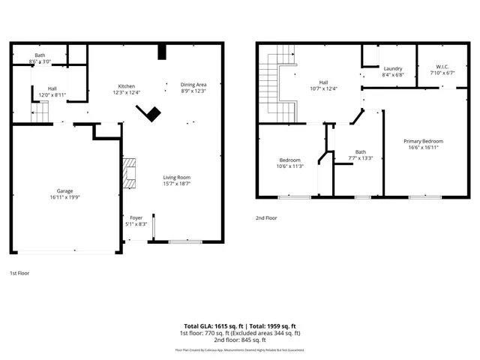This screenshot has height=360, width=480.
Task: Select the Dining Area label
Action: [193, 84]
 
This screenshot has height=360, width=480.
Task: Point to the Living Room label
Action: [178, 178]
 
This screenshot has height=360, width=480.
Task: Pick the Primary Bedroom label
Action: [423, 141]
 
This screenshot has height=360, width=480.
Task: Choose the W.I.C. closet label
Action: [442, 68]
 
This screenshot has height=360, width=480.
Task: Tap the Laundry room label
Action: [393, 68]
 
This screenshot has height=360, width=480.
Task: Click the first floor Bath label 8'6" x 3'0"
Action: [40, 55]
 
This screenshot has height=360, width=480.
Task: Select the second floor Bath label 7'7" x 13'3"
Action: [361, 151]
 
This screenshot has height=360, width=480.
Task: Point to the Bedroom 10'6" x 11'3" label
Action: [290, 160]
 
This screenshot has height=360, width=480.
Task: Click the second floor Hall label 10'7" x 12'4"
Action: [323, 82]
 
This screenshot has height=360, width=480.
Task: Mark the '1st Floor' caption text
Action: [19, 274]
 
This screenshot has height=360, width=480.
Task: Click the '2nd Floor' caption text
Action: [266, 218]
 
